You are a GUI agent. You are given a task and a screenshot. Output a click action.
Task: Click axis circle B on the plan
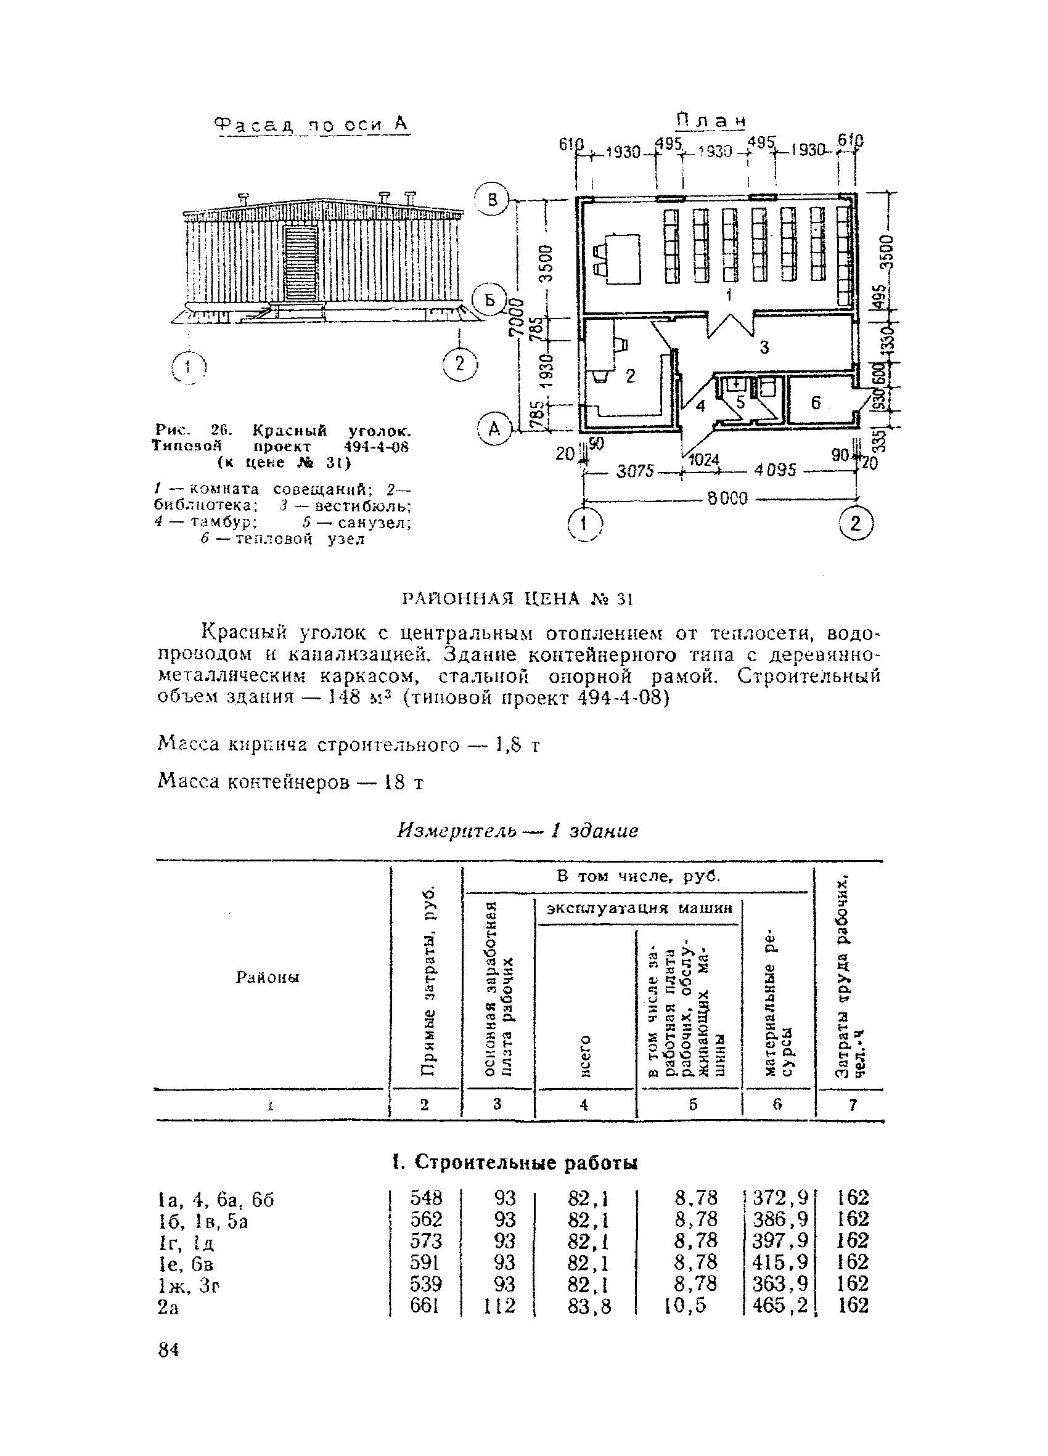[493, 200]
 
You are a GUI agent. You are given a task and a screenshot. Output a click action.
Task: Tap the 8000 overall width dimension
[727, 498]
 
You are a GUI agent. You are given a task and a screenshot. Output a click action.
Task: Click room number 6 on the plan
[816, 403]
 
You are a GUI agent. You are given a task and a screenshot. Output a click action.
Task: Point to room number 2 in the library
[630, 376]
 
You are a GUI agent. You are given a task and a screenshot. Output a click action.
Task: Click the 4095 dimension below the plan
[775, 471]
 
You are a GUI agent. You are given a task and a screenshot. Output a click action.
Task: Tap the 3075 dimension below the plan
[634, 472]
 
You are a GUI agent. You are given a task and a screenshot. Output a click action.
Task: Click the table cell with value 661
[425, 1305]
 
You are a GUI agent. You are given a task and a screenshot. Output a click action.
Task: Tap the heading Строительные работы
[515, 1163]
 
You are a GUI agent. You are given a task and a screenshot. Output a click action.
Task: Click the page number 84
[168, 1351]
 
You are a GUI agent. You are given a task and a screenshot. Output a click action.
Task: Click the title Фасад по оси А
[311, 124]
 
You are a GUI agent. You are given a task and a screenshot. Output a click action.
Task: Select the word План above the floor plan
[711, 121]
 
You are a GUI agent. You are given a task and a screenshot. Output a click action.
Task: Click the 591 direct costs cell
[426, 1263]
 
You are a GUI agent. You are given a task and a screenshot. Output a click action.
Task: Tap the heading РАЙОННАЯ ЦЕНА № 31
[518, 599]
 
